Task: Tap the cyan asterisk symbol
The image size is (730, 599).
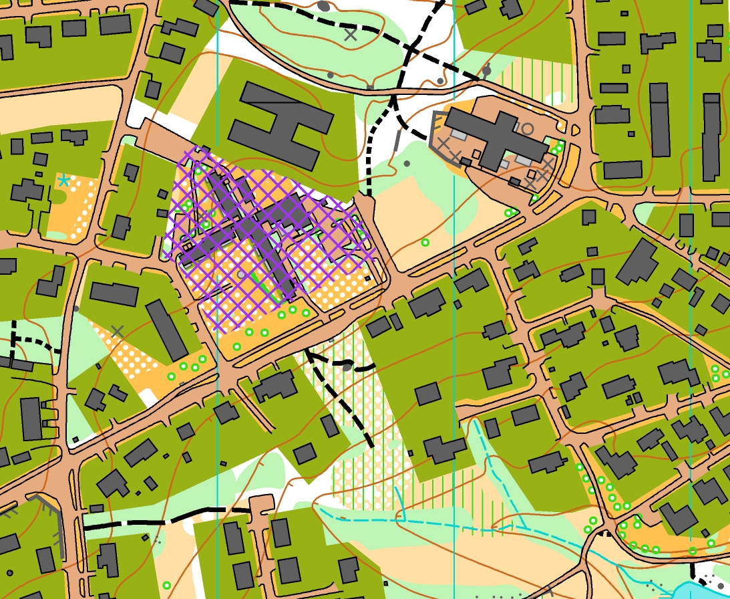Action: (63, 181)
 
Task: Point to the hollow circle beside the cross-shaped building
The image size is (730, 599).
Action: (528, 128)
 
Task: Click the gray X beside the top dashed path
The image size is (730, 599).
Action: (350, 35)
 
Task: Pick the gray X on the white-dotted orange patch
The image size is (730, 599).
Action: (118, 331)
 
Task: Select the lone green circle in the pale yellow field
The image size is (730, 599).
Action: (425, 242)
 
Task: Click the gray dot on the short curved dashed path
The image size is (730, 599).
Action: (347, 366)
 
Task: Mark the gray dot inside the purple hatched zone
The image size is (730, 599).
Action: (241, 274)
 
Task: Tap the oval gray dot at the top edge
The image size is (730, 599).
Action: (323, 6)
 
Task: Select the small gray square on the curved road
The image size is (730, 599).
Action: (370, 87)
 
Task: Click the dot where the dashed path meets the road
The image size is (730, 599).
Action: (487, 70)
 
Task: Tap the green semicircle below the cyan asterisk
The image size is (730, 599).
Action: (59, 197)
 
